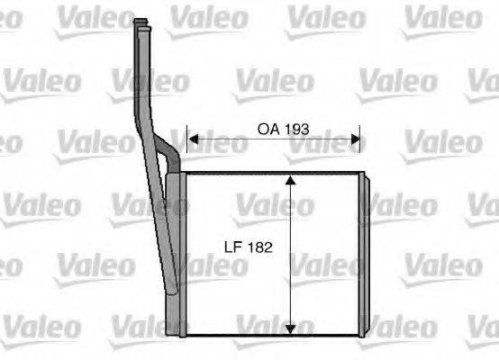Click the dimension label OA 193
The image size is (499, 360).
(x=284, y=129)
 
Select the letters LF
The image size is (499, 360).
(x=232, y=246)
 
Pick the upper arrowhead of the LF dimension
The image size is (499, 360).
(x=291, y=181)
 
